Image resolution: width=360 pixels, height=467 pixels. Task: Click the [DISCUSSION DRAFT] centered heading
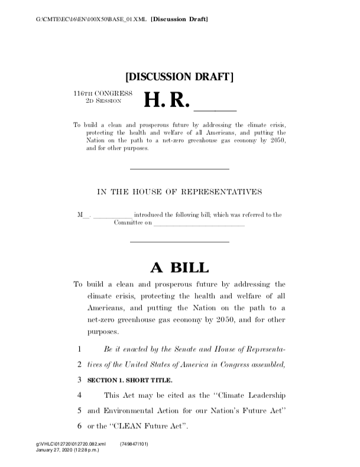point(180,77)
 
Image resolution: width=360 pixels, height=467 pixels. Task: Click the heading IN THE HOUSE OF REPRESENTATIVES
point(179,192)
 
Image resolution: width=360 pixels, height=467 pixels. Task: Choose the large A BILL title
point(179,267)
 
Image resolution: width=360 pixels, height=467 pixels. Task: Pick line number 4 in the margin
point(79,394)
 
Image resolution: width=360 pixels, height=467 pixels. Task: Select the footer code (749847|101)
point(134,443)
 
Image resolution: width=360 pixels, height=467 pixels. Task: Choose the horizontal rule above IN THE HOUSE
point(179,170)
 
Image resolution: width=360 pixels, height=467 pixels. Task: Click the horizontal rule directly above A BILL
point(179,242)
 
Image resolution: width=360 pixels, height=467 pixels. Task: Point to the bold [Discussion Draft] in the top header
point(180,20)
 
